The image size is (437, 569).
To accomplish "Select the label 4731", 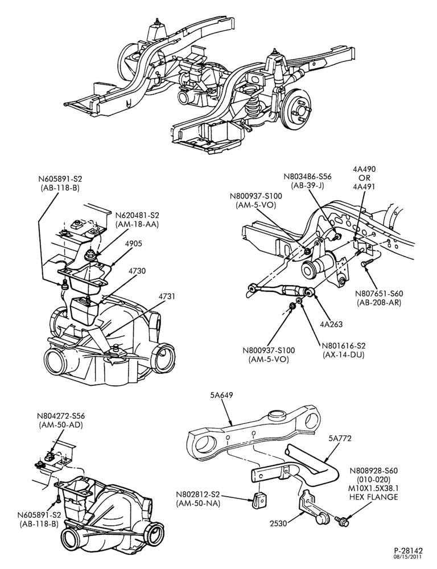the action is coord(166,297).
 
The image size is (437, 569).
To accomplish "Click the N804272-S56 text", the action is coord(60,417).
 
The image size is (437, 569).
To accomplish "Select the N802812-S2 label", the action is coord(198,494).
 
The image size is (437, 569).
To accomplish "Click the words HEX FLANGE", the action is coord(374,497).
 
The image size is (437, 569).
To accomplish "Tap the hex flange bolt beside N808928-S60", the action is coord(341,522).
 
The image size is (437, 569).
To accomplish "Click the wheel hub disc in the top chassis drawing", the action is coord(298,109).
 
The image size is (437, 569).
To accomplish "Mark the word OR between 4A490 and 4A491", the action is coord(364,178).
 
